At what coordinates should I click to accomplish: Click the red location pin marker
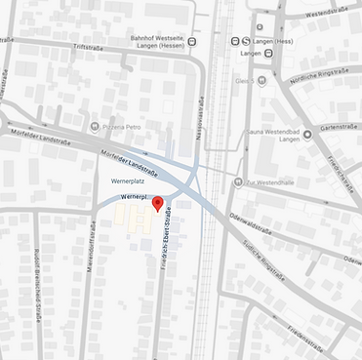tap(158, 202)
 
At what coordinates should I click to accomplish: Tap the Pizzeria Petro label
tap(126, 126)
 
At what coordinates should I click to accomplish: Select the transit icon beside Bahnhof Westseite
tap(193, 41)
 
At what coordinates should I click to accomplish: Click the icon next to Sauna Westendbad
tap(307, 134)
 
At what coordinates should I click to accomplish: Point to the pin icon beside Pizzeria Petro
tap(95, 126)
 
